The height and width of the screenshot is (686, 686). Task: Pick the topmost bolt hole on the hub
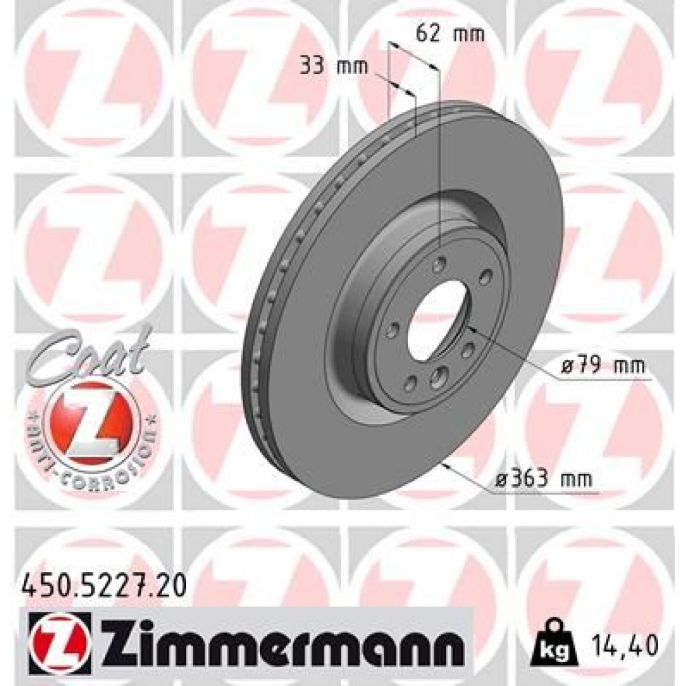coord(440,261)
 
